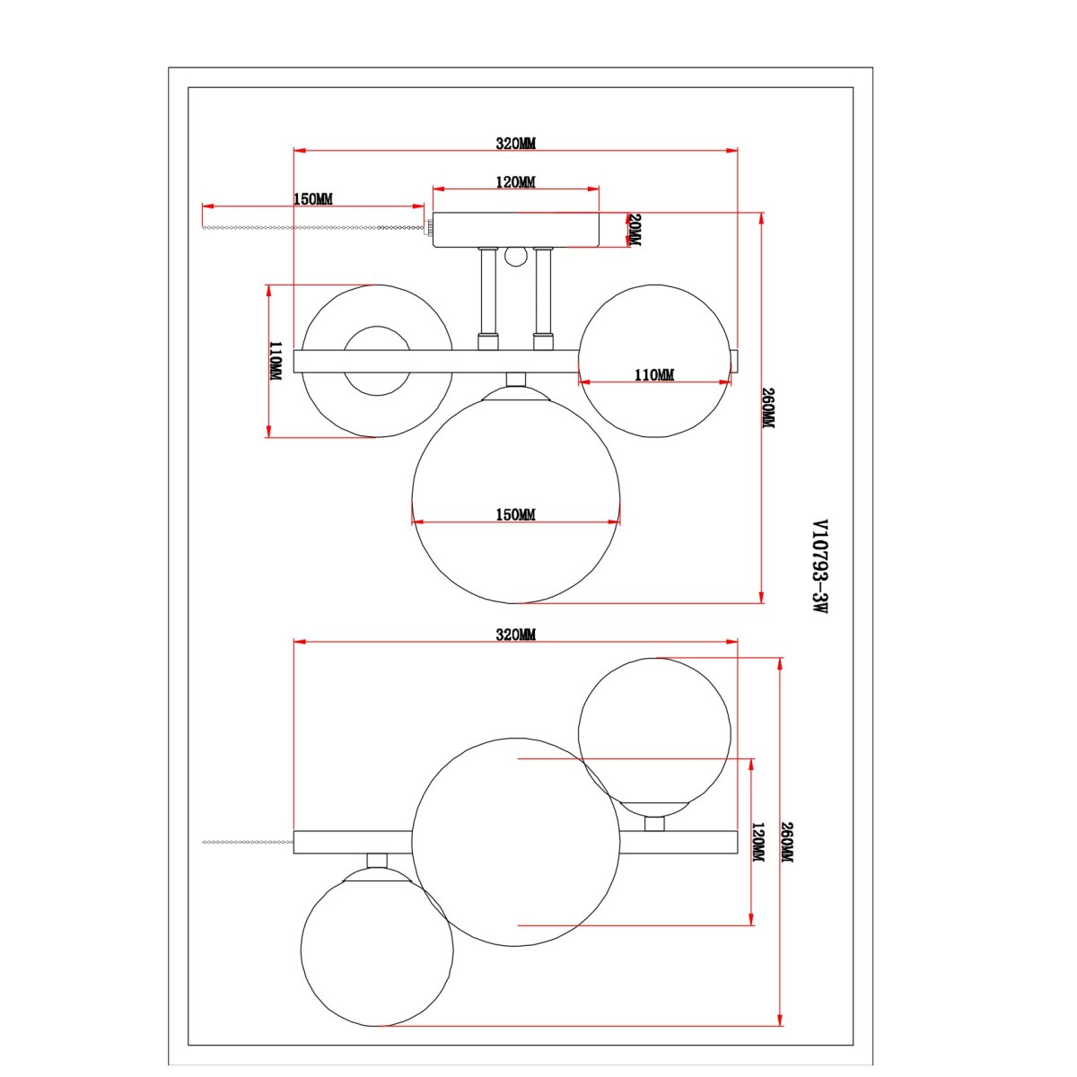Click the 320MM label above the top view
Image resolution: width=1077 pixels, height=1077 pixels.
pos(515,144)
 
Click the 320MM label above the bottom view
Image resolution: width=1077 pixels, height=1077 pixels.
pos(515,635)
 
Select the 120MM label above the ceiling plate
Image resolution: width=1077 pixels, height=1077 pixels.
pos(515,182)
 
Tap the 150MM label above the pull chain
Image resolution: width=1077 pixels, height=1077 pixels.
pos(313,199)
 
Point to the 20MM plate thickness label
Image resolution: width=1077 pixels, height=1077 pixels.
pos(635,230)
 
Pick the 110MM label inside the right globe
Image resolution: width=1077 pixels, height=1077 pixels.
pos(654,374)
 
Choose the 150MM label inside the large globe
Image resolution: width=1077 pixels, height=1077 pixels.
pos(515,514)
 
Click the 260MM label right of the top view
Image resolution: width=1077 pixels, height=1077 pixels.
pos(769,408)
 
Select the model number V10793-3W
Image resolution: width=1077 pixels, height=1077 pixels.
pos(820,567)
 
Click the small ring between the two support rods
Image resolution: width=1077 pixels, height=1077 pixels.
pos(515,257)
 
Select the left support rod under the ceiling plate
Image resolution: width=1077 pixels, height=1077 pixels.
pos(487,299)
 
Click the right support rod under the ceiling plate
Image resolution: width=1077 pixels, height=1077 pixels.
pos(543,299)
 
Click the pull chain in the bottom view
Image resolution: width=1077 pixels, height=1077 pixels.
pos(248,841)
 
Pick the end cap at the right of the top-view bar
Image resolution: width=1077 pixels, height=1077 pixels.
pos(735,361)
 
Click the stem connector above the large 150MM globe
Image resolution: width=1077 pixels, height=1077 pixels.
pos(516,380)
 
